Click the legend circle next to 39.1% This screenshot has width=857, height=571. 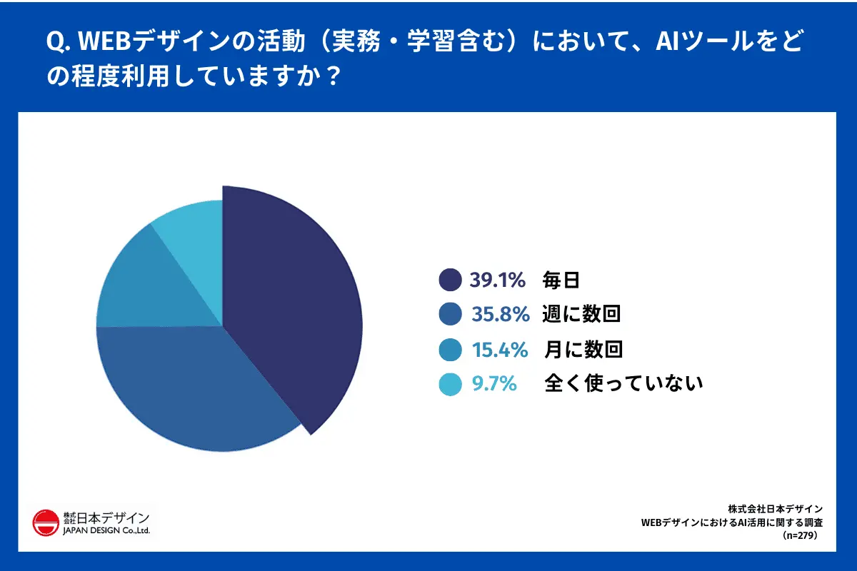pyautogui.click(x=450, y=280)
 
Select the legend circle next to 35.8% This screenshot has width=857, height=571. pyautogui.click(x=450, y=314)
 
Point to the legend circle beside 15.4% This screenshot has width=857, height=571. pyautogui.click(x=450, y=350)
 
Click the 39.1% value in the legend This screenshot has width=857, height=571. pyautogui.click(x=497, y=280)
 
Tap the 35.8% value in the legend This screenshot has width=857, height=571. pyautogui.click(x=501, y=314)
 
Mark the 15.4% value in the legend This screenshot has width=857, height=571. pyautogui.click(x=500, y=350)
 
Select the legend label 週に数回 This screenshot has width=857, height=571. pyautogui.click(x=581, y=314)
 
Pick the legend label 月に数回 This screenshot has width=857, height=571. pyautogui.click(x=583, y=350)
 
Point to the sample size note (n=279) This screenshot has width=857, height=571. pyautogui.click(x=799, y=535)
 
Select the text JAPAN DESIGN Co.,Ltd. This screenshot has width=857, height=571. pyautogui.click(x=106, y=532)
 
